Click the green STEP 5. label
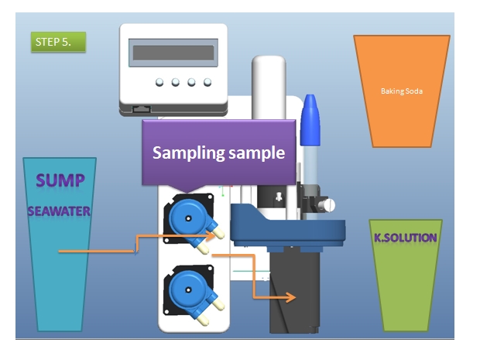click(58, 42)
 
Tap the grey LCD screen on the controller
click(173, 53)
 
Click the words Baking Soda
click(402, 91)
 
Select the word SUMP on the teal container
click(60, 180)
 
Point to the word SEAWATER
click(59, 211)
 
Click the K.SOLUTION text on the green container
click(406, 238)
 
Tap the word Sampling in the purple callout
click(189, 153)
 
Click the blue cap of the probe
click(310, 120)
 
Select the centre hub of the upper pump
click(188, 218)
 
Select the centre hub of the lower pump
click(188, 290)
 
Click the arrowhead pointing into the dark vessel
click(290, 297)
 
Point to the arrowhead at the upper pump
click(211, 235)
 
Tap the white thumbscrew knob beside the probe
click(329, 205)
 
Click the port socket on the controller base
click(142, 109)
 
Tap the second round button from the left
click(176, 82)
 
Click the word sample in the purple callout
click(257, 153)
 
